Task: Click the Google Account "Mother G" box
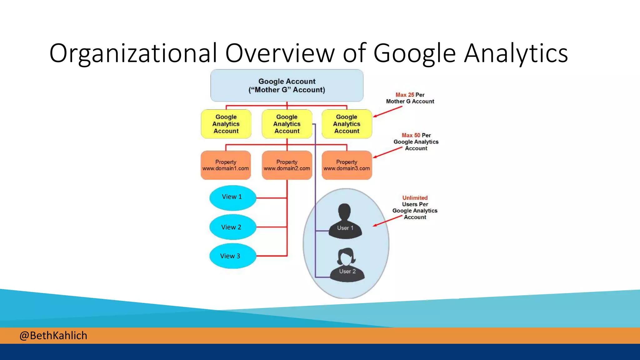287,86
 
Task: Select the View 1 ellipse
232,197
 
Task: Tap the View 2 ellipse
232,227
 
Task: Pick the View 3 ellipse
232,256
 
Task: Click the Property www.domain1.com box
226,165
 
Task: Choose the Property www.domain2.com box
287,165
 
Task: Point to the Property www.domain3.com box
347,165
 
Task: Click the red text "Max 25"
405,95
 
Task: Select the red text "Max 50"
411,135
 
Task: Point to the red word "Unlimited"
415,198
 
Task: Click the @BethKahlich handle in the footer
53,336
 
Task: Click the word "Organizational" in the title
133,53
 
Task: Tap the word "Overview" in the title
280,53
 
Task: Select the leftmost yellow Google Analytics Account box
226,124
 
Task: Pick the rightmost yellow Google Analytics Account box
347,124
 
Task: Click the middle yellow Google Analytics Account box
287,124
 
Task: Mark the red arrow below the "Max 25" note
387,112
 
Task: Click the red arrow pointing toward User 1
387,221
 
